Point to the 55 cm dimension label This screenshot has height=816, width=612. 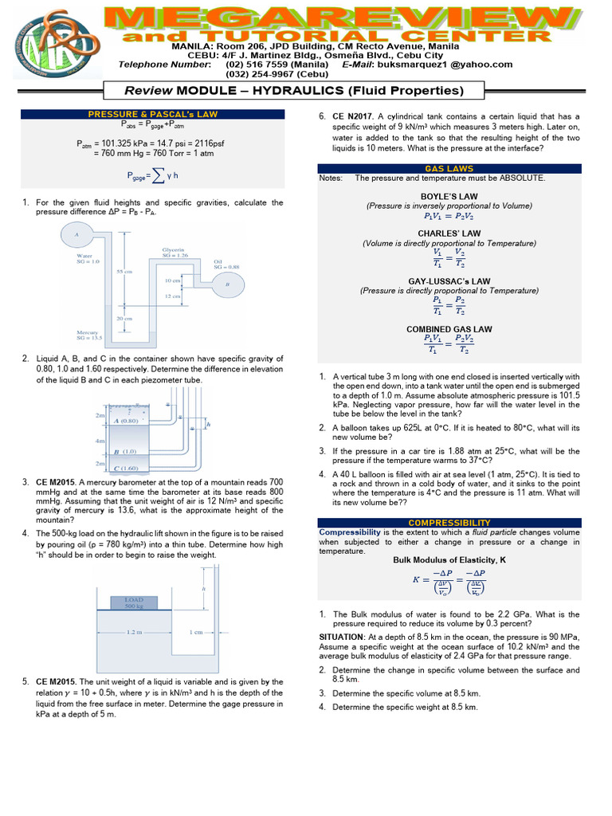[x=124, y=272]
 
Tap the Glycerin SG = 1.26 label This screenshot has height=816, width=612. [x=175, y=252]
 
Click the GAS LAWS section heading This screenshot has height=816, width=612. [x=449, y=169]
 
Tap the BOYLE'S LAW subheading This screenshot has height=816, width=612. [x=449, y=196]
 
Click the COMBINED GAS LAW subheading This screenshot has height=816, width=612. [x=449, y=329]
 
